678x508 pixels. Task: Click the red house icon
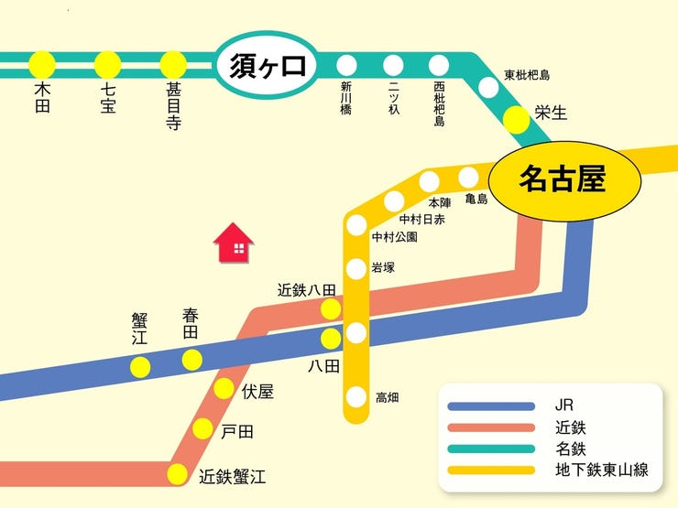pos(234,243)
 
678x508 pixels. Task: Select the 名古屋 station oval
pos(563,178)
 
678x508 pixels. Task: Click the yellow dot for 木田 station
pos(42,65)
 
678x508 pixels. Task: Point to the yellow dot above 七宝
pos(108,65)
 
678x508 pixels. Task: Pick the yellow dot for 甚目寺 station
pos(173,65)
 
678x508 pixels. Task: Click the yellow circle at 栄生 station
pos(517,118)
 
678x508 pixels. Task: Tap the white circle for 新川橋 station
pos(346,65)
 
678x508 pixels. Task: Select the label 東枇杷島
pos(527,75)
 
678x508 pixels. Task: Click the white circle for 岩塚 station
pos(356,269)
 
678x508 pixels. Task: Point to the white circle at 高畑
pos(356,397)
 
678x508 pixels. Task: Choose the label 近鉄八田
pos(307,290)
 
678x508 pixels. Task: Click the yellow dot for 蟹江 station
pos(140,367)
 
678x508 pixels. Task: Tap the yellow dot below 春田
pos(191,360)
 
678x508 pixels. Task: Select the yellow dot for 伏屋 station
pos(224,389)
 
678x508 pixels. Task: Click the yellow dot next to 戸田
pos(202,429)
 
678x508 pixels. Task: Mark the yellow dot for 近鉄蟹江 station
pos(178,474)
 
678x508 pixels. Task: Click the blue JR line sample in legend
pos(491,405)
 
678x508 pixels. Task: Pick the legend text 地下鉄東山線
pos(602,470)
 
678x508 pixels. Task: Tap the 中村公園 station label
pos(394,237)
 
